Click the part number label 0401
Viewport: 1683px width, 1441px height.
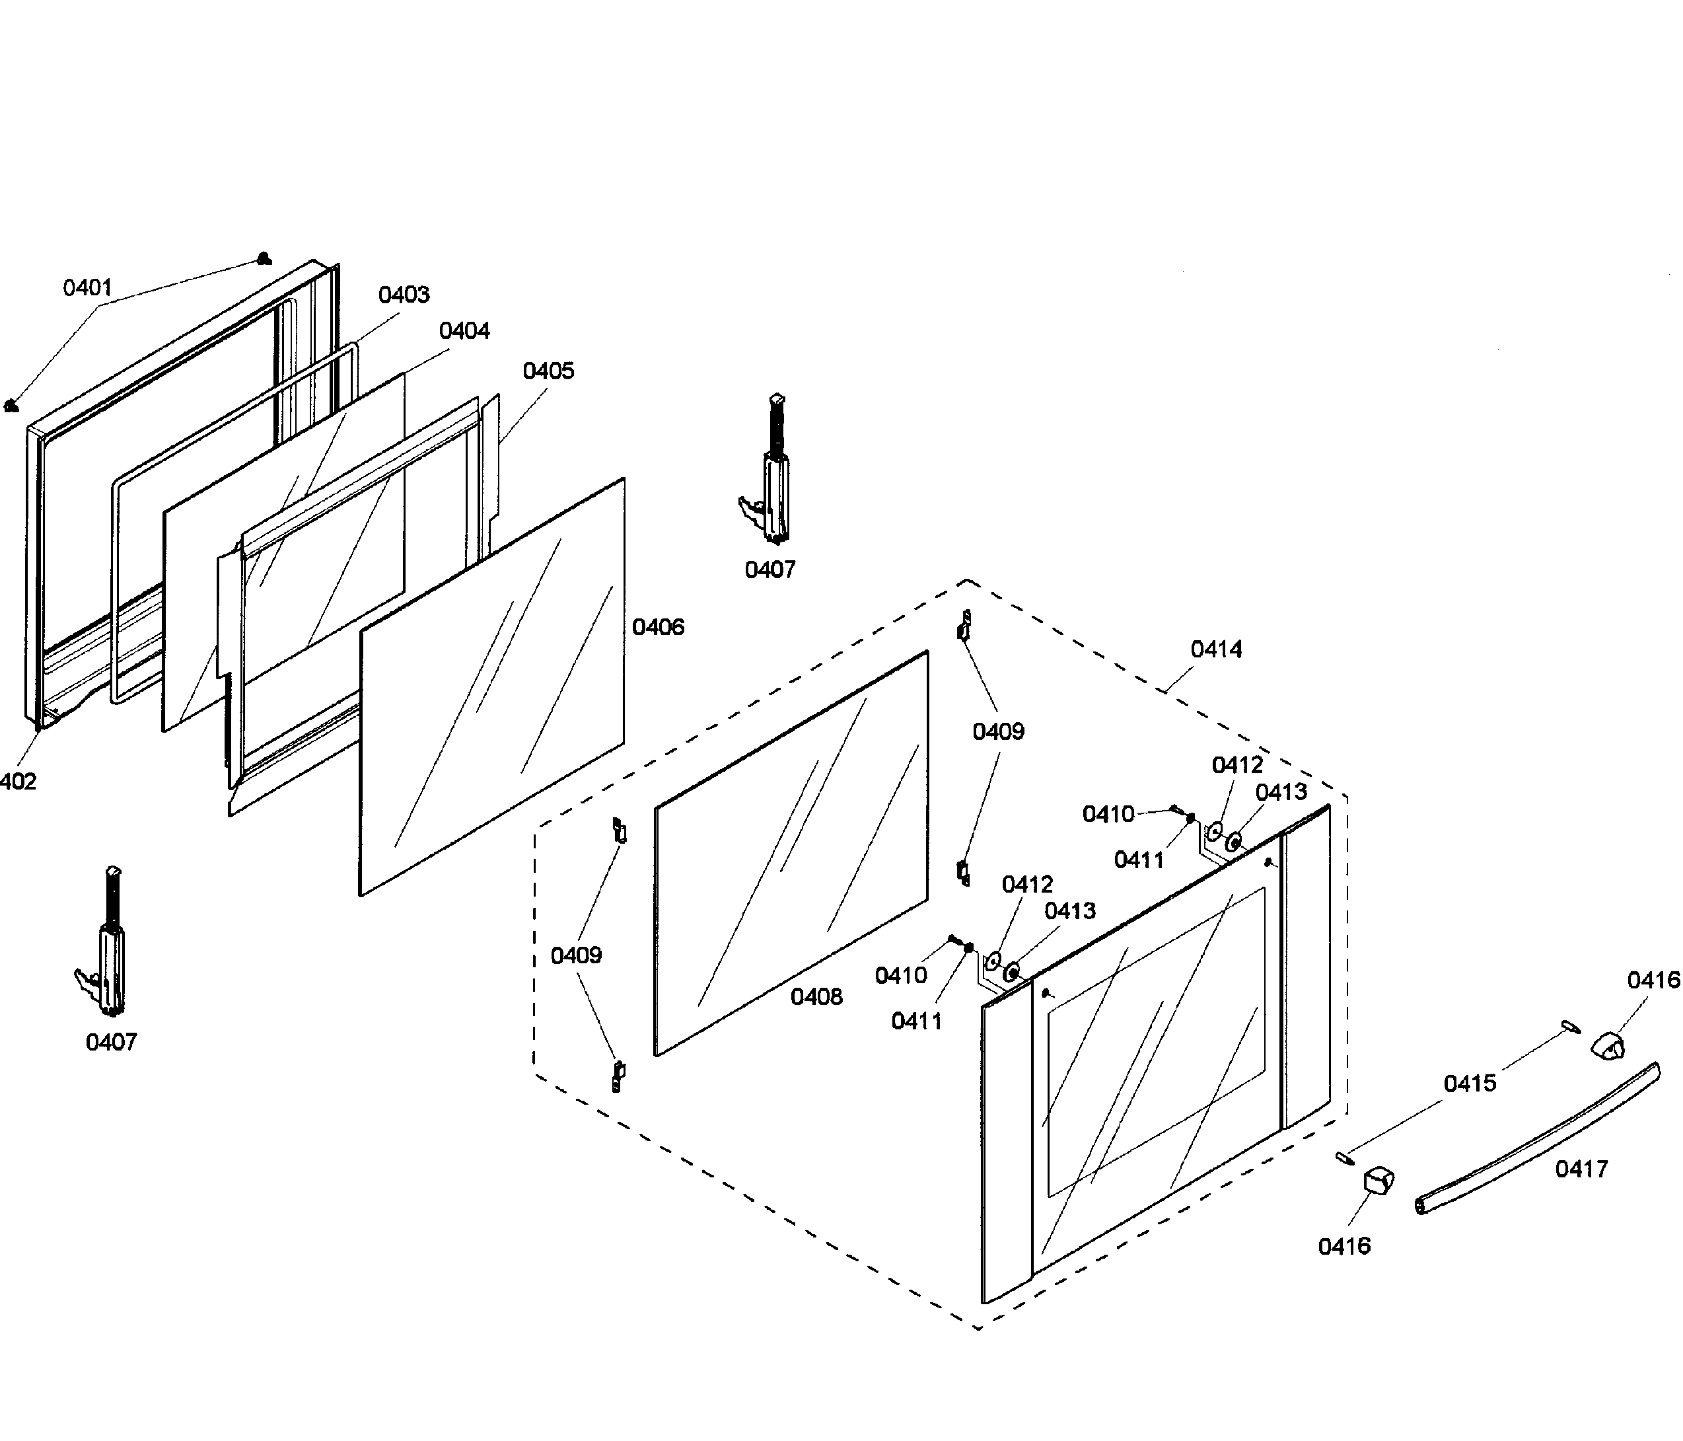pyautogui.click(x=87, y=287)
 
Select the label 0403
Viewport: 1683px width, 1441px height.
pyautogui.click(x=404, y=295)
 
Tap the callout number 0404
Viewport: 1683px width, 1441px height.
pyautogui.click(x=464, y=332)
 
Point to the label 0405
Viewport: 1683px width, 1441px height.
pyautogui.click(x=548, y=371)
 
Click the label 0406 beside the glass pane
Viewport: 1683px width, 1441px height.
pyautogui.click(x=658, y=627)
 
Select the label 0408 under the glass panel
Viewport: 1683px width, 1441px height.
pyautogui.click(x=816, y=998)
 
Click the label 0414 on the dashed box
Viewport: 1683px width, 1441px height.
pyautogui.click(x=1216, y=650)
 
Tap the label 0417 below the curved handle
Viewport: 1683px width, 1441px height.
pyautogui.click(x=1581, y=1169)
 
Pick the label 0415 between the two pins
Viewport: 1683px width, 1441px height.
pyautogui.click(x=1470, y=1084)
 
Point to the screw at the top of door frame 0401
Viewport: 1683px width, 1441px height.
pyautogui.click(x=262, y=259)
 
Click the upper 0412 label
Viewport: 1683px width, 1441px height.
pyautogui.click(x=1237, y=765)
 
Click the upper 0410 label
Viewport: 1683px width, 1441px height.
pyautogui.click(x=1108, y=815)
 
